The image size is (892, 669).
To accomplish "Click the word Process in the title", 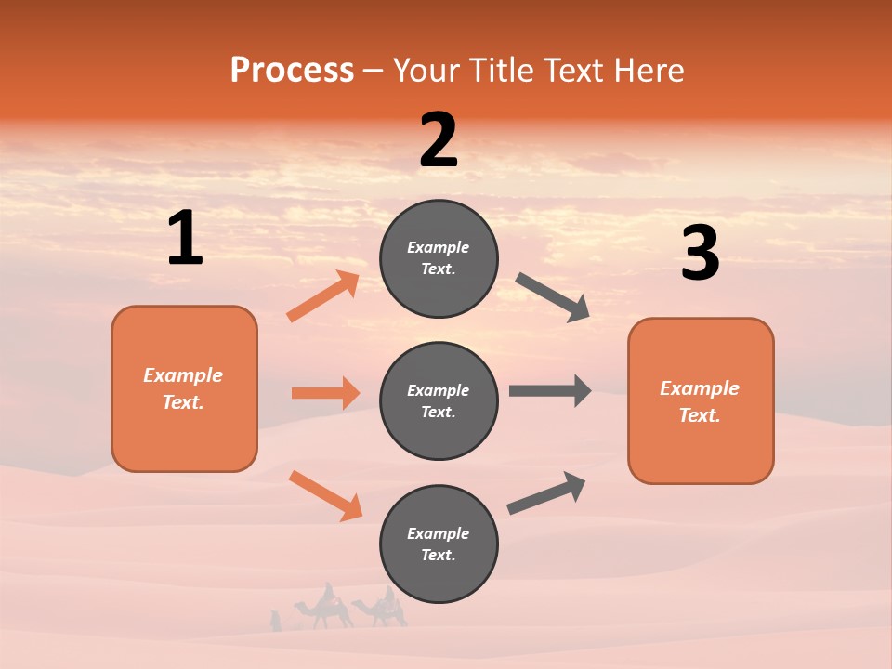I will click(x=292, y=70).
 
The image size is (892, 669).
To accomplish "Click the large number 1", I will click(x=185, y=239).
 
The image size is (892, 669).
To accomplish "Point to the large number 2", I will click(x=439, y=140).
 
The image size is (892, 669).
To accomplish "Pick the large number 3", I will click(x=700, y=254).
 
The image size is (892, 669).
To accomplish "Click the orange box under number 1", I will click(x=184, y=388).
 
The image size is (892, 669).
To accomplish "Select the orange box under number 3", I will click(x=701, y=400).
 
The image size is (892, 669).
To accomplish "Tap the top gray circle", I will click(x=439, y=258).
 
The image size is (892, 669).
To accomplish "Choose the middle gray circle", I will click(x=439, y=400).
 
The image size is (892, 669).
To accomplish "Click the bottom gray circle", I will click(x=439, y=544).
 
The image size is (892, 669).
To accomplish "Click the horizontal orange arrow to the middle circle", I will click(x=325, y=393).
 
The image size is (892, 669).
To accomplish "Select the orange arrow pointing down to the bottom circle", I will click(x=325, y=495).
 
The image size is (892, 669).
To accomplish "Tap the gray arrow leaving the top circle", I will click(x=553, y=297).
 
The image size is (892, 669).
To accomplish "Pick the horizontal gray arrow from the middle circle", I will click(x=550, y=390).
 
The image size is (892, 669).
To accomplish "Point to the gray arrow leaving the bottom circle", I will click(x=546, y=493).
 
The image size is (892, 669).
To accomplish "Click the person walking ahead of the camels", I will click(x=275, y=621).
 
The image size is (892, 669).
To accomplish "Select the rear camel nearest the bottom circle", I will click(x=382, y=609).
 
